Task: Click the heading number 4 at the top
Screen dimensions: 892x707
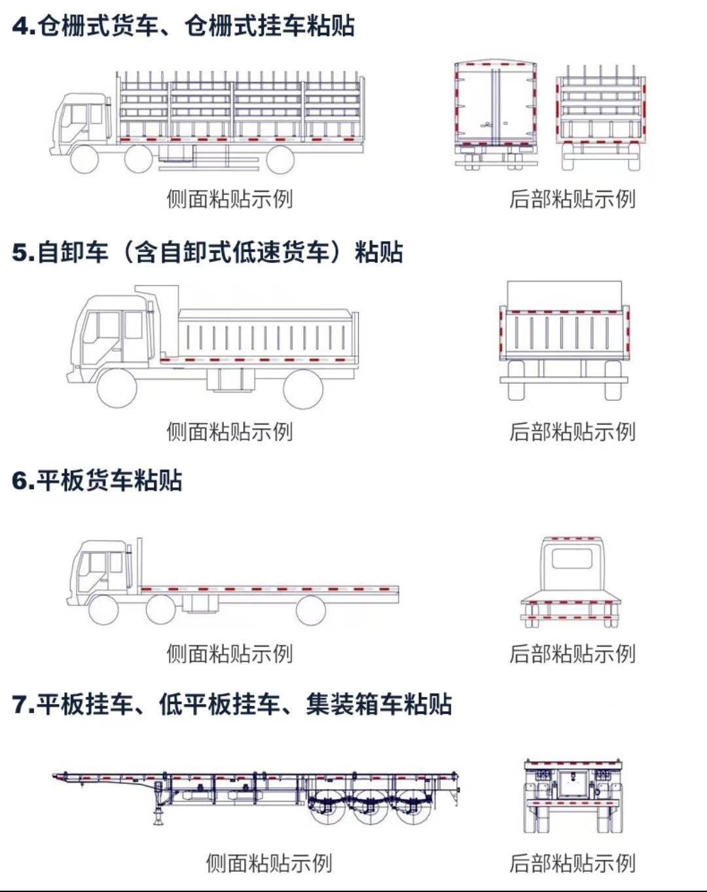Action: (x=21, y=27)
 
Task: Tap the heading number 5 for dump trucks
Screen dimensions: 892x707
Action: (x=21, y=253)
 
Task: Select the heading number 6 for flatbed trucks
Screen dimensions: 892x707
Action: (x=21, y=481)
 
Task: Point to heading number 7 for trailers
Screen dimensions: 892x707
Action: (x=21, y=705)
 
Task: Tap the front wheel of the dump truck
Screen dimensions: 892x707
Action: (x=117, y=388)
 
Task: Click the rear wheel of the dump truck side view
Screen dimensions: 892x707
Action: (x=303, y=388)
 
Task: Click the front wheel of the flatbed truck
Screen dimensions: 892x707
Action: (x=103, y=610)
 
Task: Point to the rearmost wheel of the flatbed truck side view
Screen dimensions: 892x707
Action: (x=310, y=610)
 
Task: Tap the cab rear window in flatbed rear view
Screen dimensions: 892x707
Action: (x=571, y=559)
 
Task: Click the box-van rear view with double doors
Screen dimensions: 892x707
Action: (x=496, y=115)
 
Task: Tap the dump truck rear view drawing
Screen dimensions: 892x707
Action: (x=564, y=341)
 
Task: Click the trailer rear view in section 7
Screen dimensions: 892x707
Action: (x=573, y=796)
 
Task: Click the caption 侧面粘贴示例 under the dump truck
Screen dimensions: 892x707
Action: (x=229, y=432)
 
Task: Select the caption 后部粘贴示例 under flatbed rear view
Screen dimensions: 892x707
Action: (x=572, y=654)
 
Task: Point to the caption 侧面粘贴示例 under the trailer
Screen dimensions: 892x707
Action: (x=268, y=863)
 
